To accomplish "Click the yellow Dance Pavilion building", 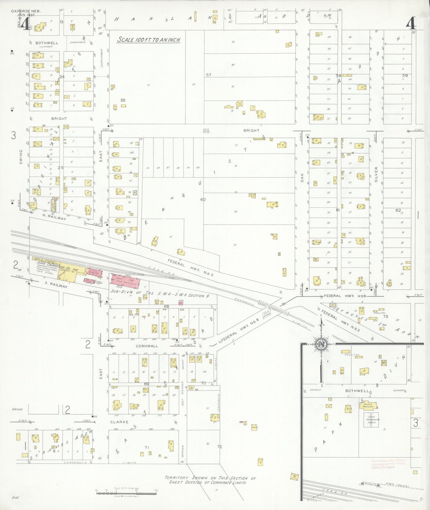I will click(368, 405).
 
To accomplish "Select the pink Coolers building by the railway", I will click(95, 272).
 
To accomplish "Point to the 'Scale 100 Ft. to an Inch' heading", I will click(148, 40).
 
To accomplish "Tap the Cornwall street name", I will click(147, 346).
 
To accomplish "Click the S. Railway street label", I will click(56, 284).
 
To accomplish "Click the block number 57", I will click(208, 75).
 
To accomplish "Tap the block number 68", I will click(166, 306).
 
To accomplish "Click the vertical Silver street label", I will click(376, 174).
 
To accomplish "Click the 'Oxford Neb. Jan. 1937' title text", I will click(26, 13).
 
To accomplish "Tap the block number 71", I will click(146, 447).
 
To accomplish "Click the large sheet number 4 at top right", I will click(411, 23).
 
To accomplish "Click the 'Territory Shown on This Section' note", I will click(210, 480).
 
